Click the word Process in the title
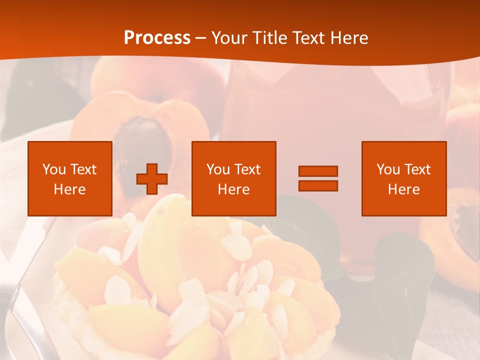pyautogui.click(x=157, y=38)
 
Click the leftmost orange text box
pyautogui.click(x=70, y=178)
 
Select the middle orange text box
pyautogui.click(x=233, y=178)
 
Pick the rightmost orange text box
pyautogui.click(x=403, y=178)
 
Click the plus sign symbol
pyautogui.click(x=152, y=179)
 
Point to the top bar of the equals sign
pyautogui.click(x=318, y=171)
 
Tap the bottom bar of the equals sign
pyautogui.click(x=318, y=185)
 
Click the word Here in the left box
pyautogui.click(x=70, y=189)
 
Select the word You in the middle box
pyautogui.click(x=218, y=169)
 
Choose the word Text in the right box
pyautogui.click(x=417, y=169)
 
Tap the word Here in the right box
pyautogui.click(x=403, y=189)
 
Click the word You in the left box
pyautogui.click(x=54, y=169)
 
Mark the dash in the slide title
pyautogui.click(x=200, y=38)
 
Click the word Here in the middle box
pyautogui.click(x=233, y=189)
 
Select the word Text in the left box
pyautogui.click(x=83, y=169)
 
